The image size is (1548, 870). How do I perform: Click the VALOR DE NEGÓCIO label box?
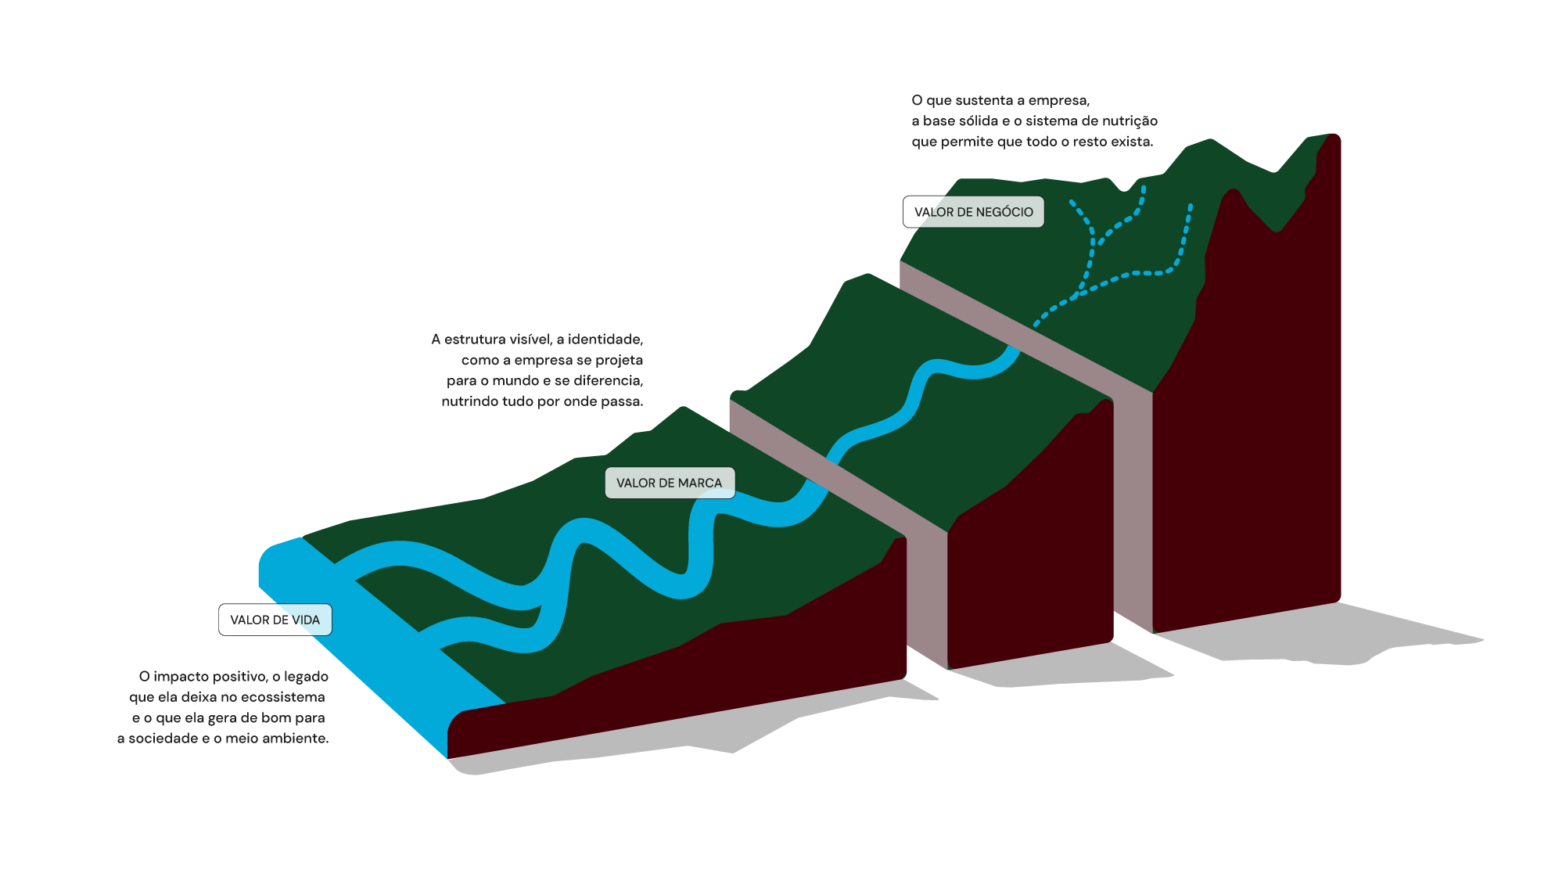click(973, 212)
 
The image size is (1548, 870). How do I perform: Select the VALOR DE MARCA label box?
click(670, 483)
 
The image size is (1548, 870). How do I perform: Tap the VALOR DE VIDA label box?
click(275, 620)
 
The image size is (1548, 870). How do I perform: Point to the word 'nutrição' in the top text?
click(1130, 121)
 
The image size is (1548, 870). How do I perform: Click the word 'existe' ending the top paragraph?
click(1133, 142)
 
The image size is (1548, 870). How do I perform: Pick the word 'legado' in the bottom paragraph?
click(306, 677)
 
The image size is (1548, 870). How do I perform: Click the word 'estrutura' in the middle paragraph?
click(473, 340)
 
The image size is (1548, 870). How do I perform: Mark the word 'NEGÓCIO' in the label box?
click(1004, 212)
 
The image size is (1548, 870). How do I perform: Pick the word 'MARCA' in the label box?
click(700, 483)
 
